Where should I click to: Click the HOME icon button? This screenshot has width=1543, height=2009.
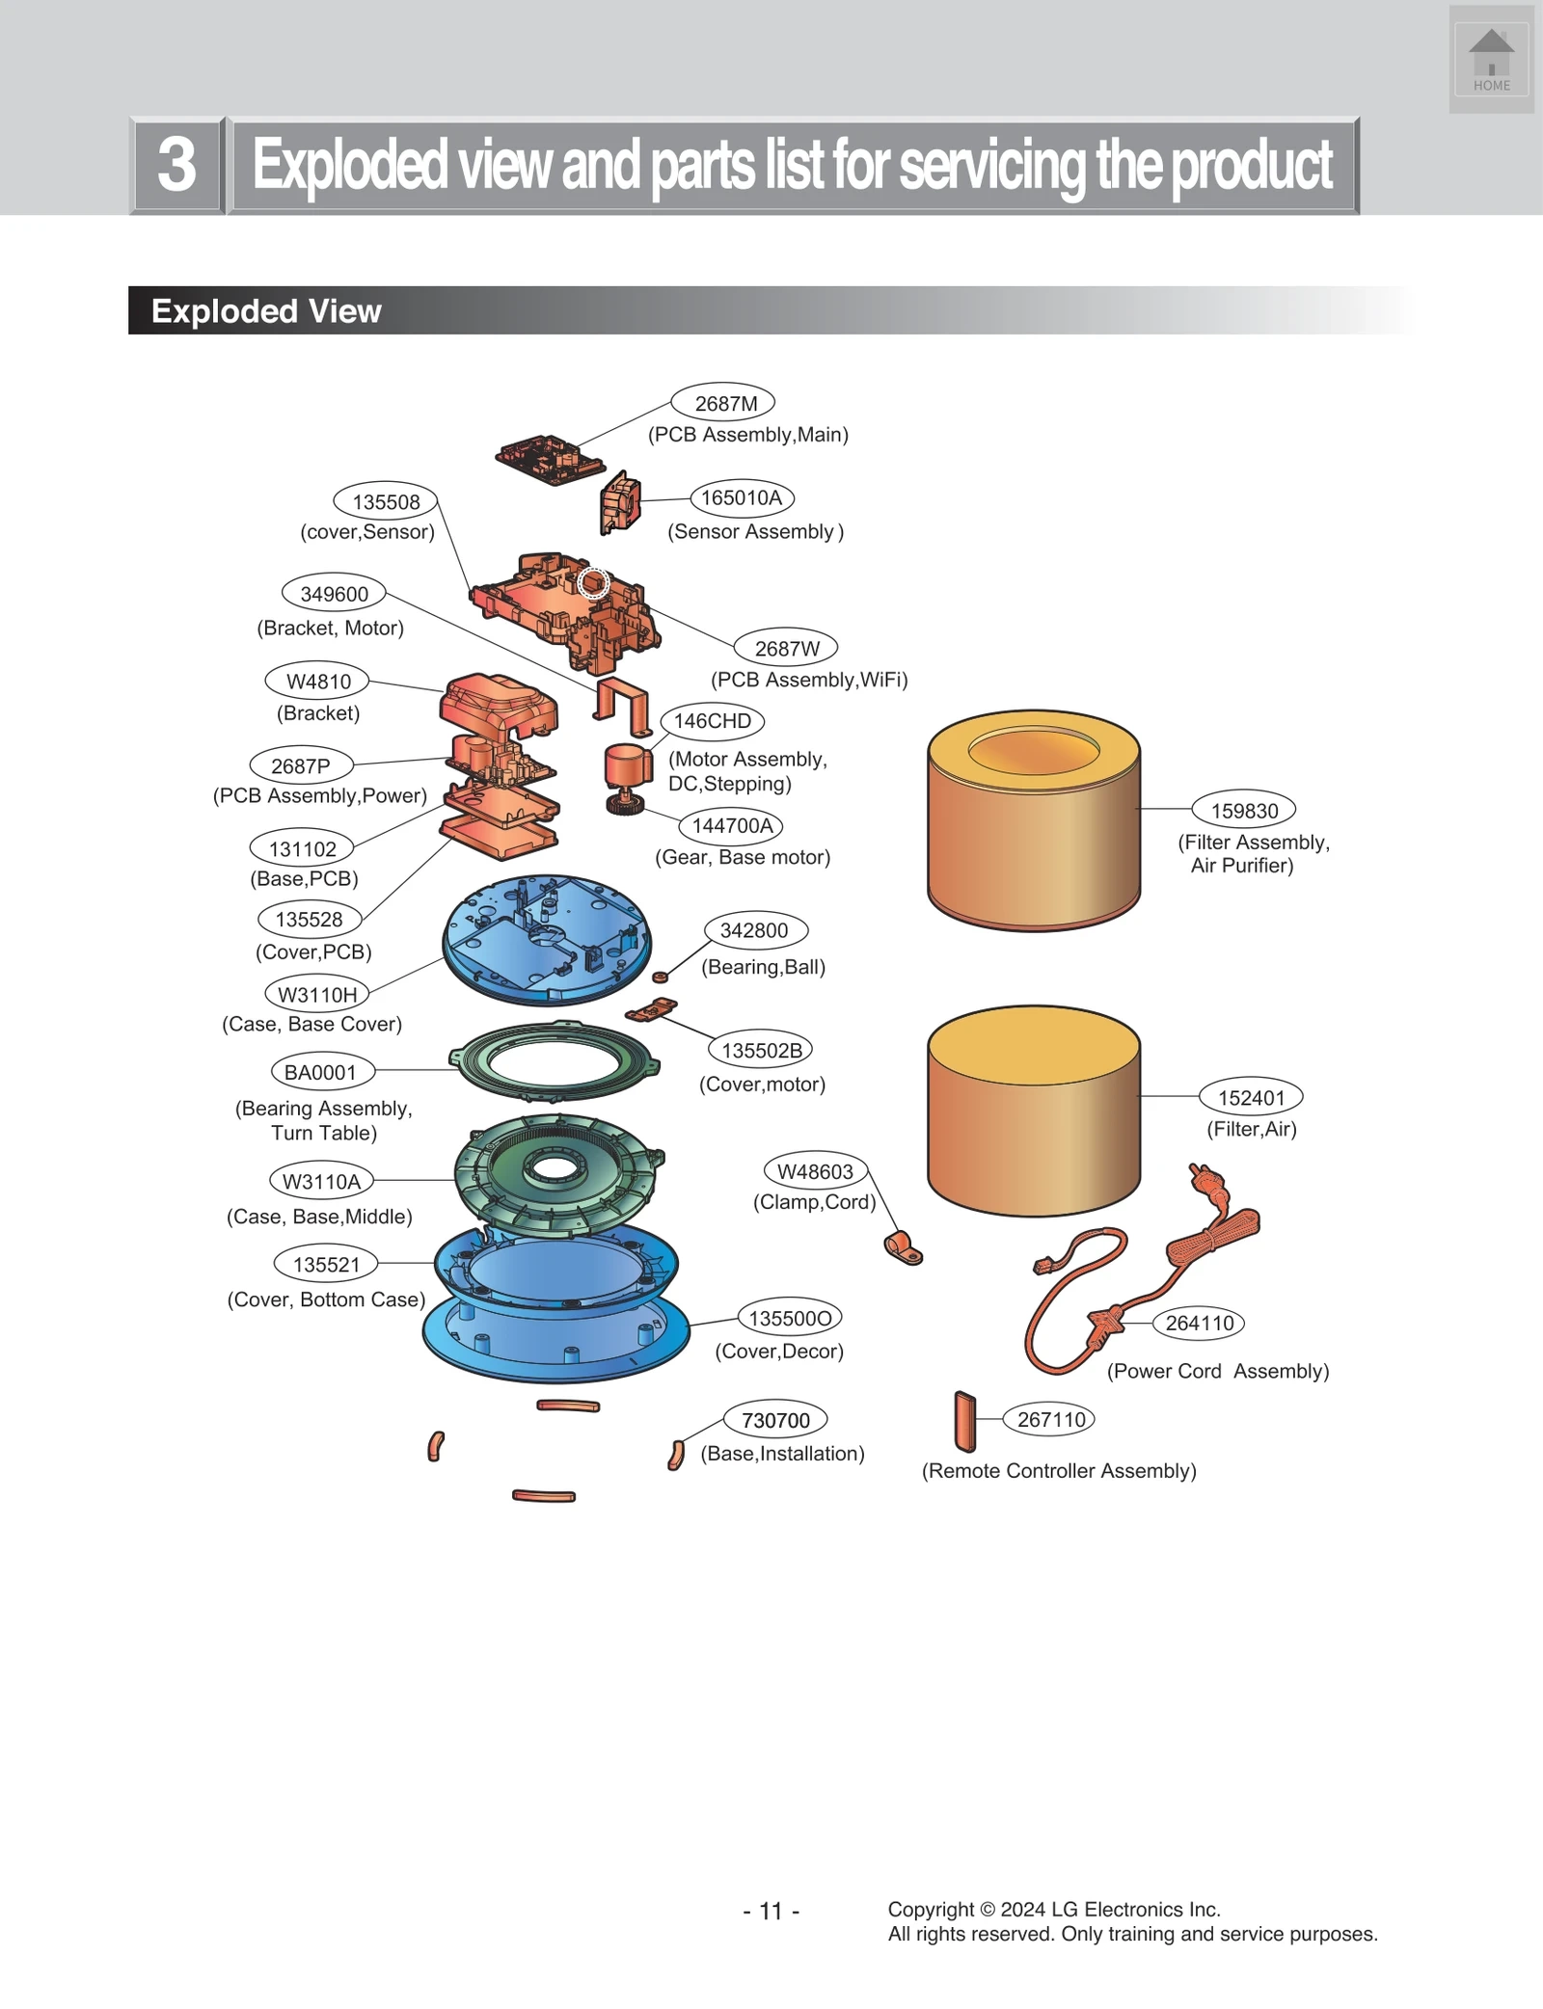[x=1491, y=60]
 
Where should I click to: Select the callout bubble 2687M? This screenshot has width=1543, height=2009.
[x=723, y=403]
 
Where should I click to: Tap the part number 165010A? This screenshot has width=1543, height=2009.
[x=742, y=497]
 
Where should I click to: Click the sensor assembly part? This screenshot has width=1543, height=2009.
[x=620, y=502]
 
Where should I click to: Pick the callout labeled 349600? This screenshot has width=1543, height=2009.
[x=334, y=594]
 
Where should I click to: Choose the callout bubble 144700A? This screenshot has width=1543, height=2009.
[x=732, y=825]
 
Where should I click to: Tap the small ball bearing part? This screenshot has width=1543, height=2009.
[x=661, y=978]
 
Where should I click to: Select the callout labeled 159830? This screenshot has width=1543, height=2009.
[x=1244, y=811]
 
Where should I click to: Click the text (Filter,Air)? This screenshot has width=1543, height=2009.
[x=1252, y=1129]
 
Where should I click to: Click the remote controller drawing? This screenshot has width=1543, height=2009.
[x=965, y=1422]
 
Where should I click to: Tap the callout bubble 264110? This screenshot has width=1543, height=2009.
[x=1199, y=1323]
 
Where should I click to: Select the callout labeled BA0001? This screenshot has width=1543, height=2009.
[x=320, y=1072]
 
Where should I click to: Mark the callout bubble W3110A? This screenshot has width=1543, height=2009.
[x=321, y=1181]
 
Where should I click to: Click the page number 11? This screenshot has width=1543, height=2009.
[x=771, y=1911]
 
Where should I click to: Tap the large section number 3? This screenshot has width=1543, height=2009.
[x=177, y=165]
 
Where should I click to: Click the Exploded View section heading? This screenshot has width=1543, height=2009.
[x=266, y=310]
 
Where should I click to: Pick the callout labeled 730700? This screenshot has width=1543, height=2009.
[x=775, y=1420]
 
